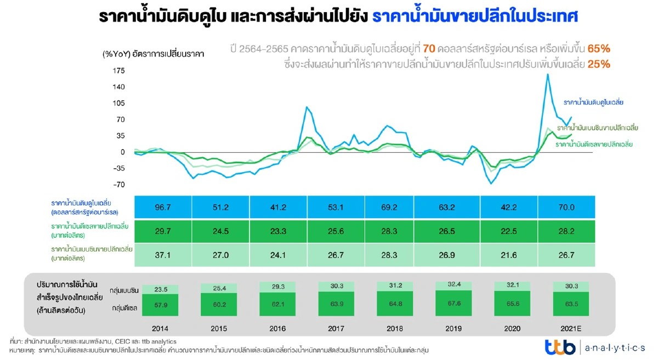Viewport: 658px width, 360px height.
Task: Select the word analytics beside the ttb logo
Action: (x=615, y=347)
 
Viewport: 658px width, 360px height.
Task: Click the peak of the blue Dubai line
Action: (x=547, y=75)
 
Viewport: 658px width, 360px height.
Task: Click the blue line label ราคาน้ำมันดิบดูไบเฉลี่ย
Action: (x=594, y=102)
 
